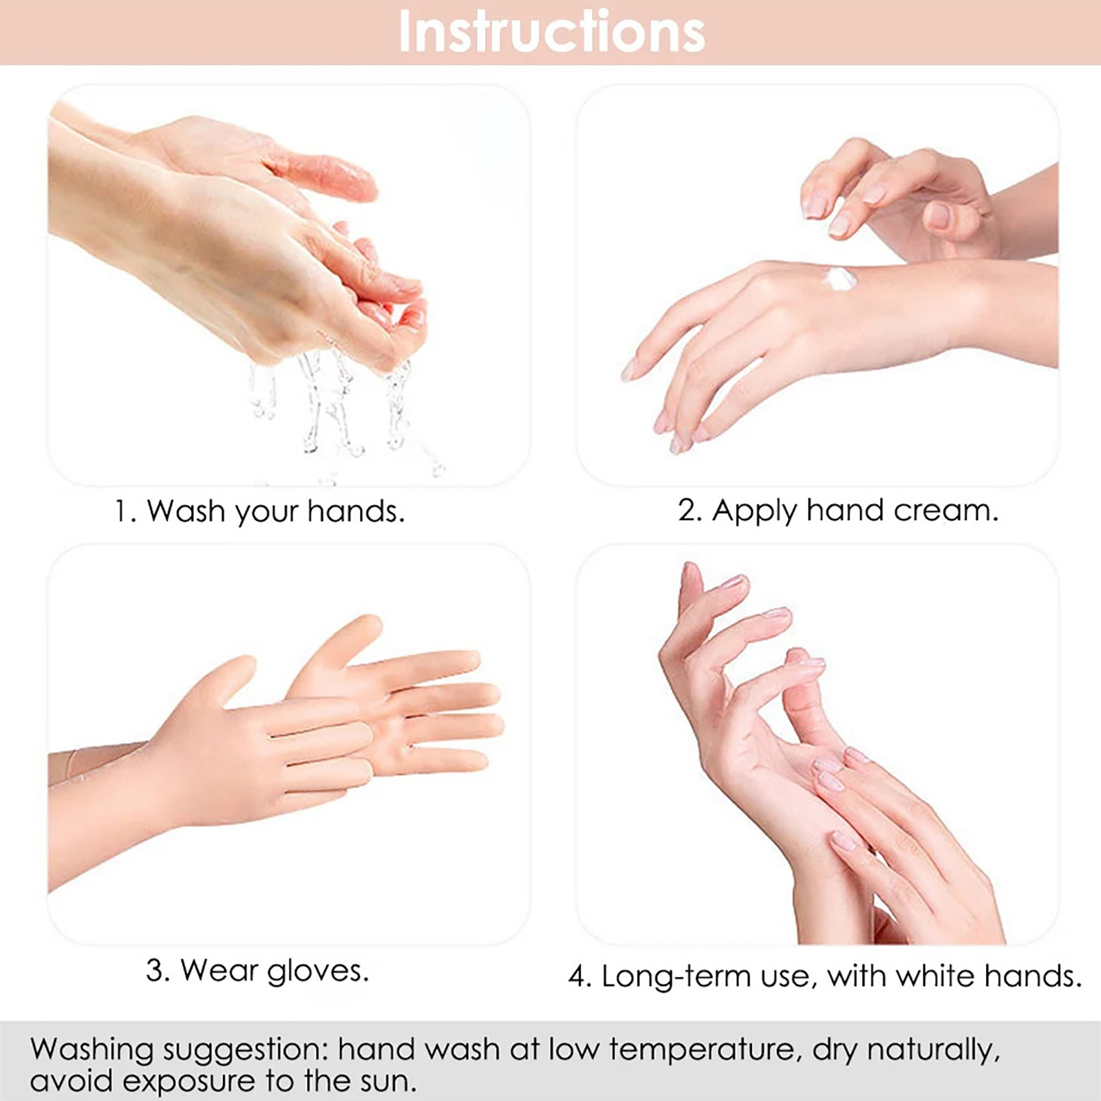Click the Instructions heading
point(552,32)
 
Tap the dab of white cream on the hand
point(841,279)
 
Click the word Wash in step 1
point(186,511)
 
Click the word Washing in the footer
point(92,1051)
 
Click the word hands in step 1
point(355,511)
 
